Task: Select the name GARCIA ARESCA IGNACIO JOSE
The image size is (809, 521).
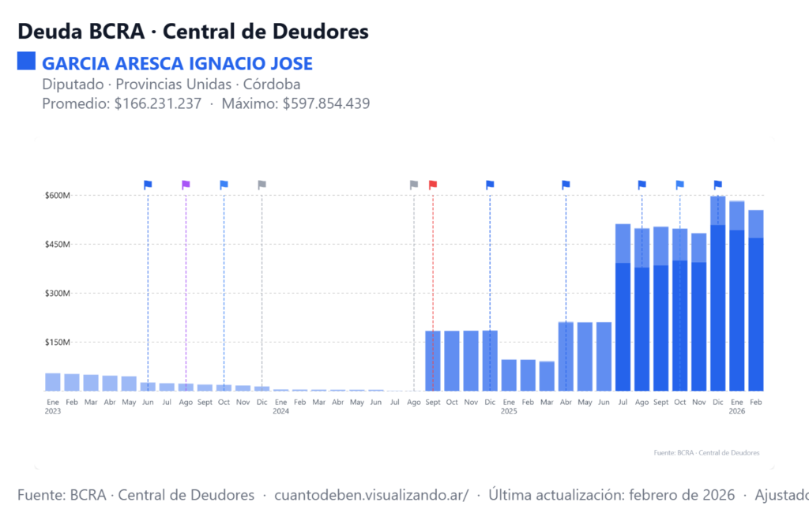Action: tap(177, 63)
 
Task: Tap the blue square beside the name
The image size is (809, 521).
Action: tap(26, 62)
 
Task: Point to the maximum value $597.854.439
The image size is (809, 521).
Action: tap(326, 103)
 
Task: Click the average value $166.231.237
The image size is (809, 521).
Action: tap(158, 103)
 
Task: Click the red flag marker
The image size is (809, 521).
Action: tap(432, 185)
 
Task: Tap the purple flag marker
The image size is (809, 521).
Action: tap(186, 185)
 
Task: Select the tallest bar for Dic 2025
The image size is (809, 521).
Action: tap(717, 300)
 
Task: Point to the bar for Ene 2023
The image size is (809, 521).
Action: tap(53, 382)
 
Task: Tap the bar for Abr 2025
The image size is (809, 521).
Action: tap(566, 356)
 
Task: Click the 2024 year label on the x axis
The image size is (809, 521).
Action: tap(280, 411)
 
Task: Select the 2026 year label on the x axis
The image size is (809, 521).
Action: tap(736, 411)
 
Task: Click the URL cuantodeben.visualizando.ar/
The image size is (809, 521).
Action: tap(371, 495)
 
